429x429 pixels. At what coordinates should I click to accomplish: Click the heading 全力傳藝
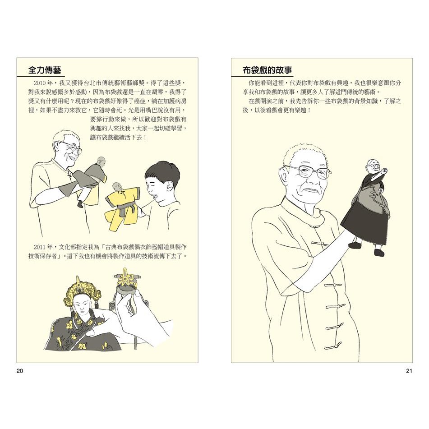[x=45, y=70]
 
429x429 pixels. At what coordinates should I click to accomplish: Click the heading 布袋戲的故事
[x=267, y=70]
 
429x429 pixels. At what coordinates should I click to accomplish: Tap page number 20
[x=20, y=371]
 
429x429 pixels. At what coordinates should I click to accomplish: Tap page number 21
[x=409, y=371]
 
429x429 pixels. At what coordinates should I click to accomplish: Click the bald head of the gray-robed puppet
[x=100, y=161]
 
